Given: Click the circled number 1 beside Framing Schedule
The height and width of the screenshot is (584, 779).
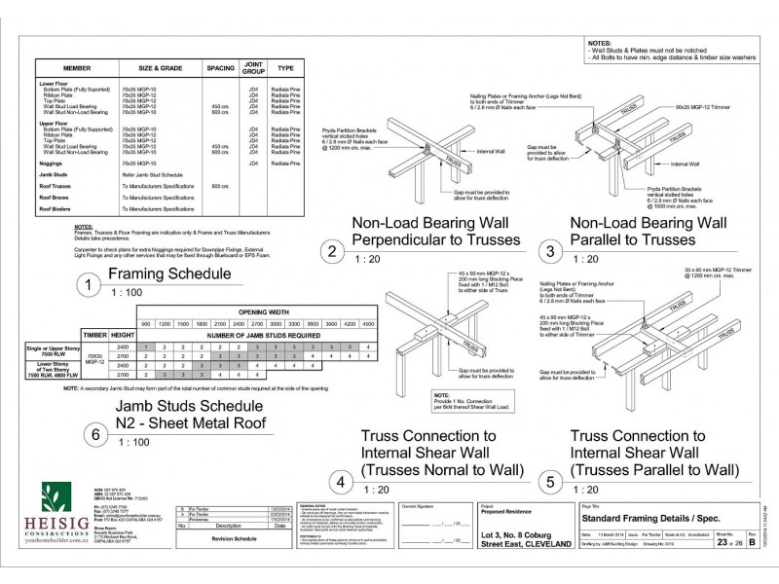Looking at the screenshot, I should [x=89, y=285].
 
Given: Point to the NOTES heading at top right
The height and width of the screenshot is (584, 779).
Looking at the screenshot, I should [x=601, y=44].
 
